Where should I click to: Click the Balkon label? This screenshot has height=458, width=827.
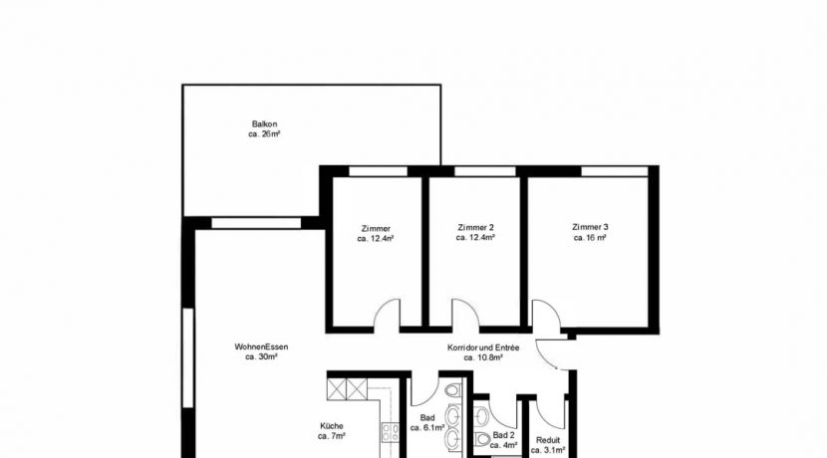264,124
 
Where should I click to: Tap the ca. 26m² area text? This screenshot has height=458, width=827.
264,134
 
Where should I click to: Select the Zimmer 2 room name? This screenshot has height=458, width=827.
475,228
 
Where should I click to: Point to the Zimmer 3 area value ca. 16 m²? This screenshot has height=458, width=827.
590,238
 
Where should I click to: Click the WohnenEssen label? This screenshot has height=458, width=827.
262,346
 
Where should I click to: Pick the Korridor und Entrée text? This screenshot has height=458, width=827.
483,347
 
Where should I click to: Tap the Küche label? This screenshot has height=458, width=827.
332,426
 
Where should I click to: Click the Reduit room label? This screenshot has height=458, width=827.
548,440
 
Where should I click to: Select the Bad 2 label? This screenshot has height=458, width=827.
503,435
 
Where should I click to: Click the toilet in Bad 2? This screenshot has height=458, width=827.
482,438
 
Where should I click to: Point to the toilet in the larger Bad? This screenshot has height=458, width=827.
452,390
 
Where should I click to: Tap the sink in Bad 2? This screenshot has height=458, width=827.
481,417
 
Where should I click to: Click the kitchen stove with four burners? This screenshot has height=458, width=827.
391,433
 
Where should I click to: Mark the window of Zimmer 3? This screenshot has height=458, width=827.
615,171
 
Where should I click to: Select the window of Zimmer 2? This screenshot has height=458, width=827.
484,171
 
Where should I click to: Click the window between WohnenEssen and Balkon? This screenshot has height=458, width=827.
256,223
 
